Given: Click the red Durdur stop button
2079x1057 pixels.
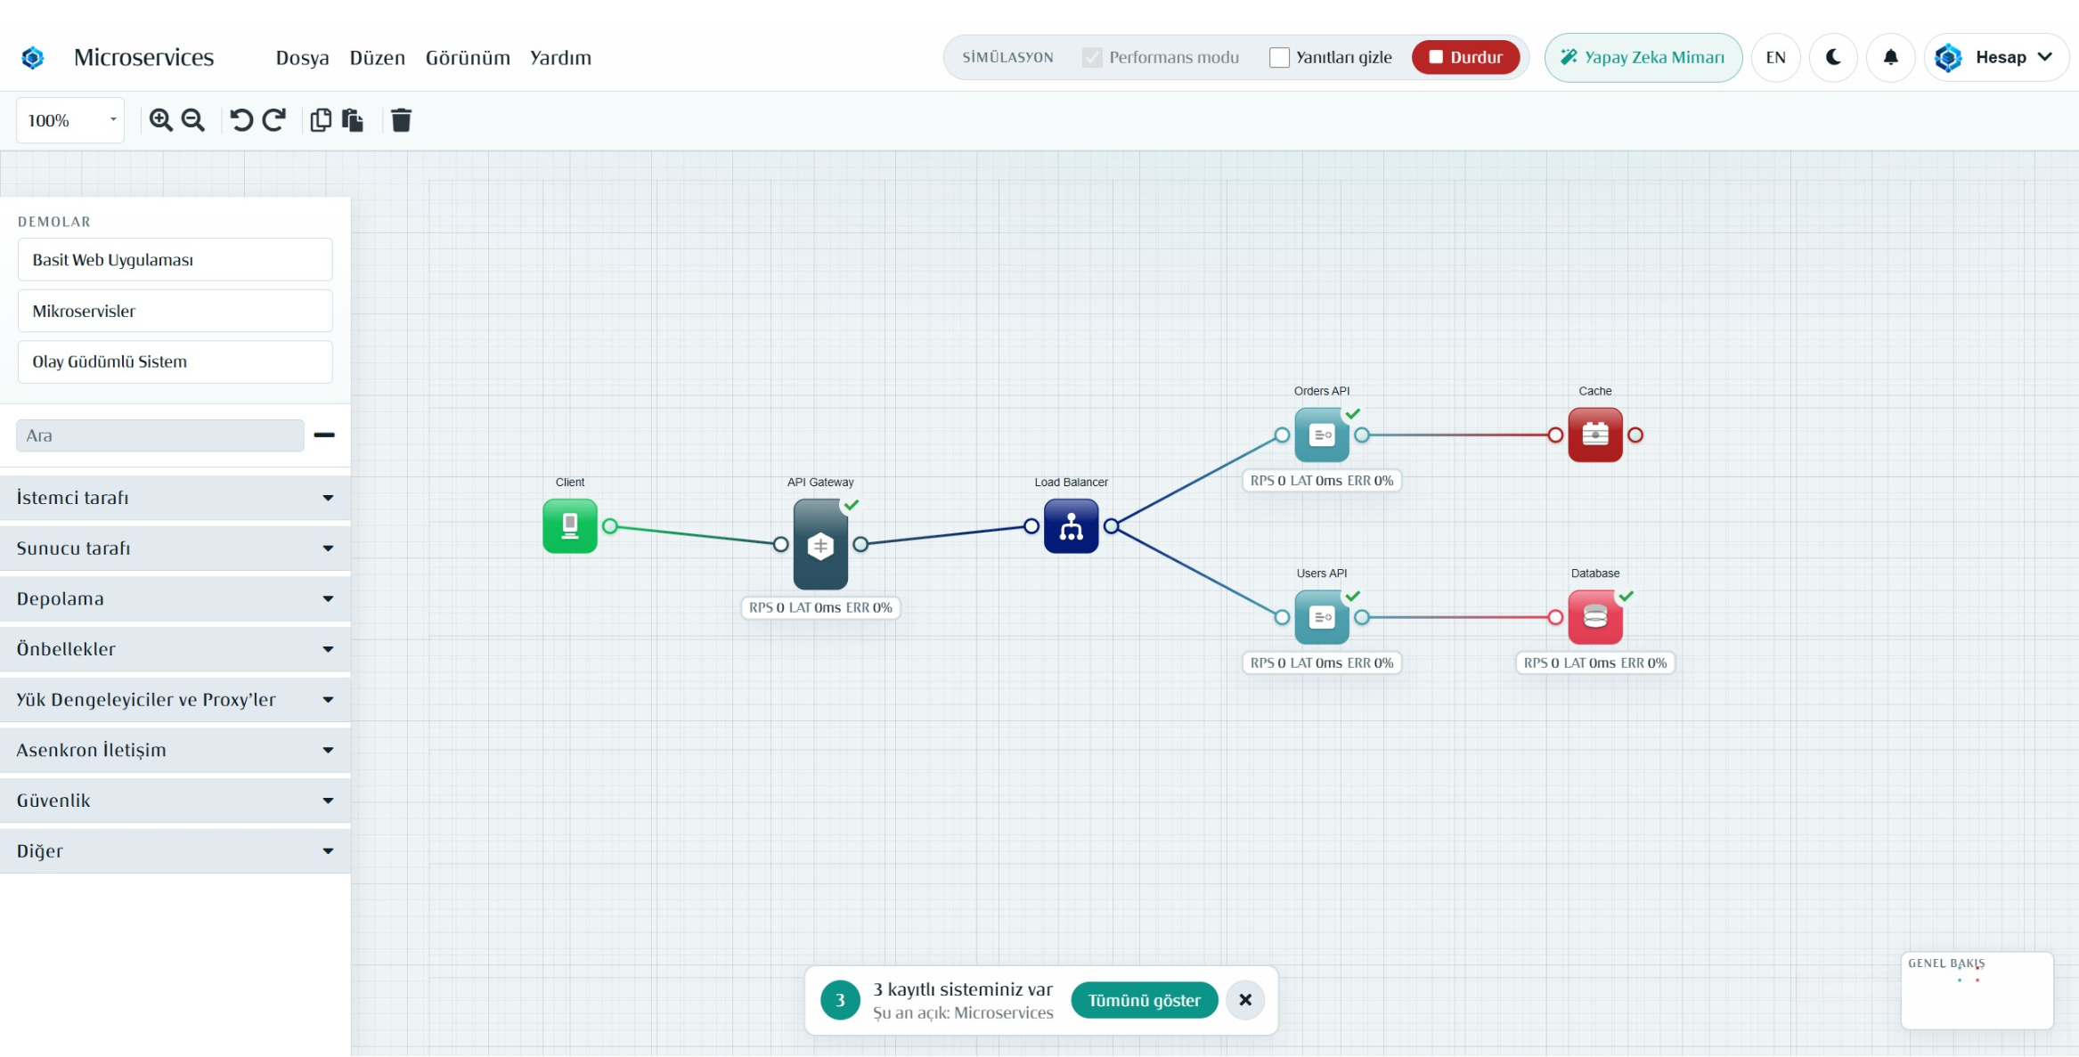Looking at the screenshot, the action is point(1465,57).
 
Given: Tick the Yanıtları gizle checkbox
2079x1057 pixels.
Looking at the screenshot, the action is point(1279,57).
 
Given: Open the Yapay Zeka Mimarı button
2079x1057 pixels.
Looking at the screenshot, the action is point(1643,57).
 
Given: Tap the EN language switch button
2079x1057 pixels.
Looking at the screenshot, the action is point(1775,57).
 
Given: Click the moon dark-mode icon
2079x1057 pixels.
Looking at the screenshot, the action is point(1833,57).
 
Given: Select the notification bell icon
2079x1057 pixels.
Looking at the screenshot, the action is point(1890,57).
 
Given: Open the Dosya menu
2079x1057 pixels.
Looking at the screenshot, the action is point(302,58).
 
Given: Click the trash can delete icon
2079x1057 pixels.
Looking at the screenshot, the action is point(401,120).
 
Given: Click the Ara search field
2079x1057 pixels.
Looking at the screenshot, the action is point(160,435).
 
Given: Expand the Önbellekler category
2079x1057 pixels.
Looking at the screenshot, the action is point(175,649).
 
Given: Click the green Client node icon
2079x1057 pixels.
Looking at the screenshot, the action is point(570,526).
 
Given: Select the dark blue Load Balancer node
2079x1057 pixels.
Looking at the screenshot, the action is point(1072,526).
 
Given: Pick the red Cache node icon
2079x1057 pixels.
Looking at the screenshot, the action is point(1595,435).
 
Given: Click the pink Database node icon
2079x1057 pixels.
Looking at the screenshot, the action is point(1595,617).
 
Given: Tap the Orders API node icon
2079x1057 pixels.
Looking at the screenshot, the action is point(1322,435).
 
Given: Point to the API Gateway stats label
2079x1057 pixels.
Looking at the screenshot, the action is point(820,607).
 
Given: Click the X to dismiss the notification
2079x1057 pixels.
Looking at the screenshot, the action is point(1245,1000).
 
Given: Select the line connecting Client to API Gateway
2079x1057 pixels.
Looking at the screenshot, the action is point(696,535).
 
